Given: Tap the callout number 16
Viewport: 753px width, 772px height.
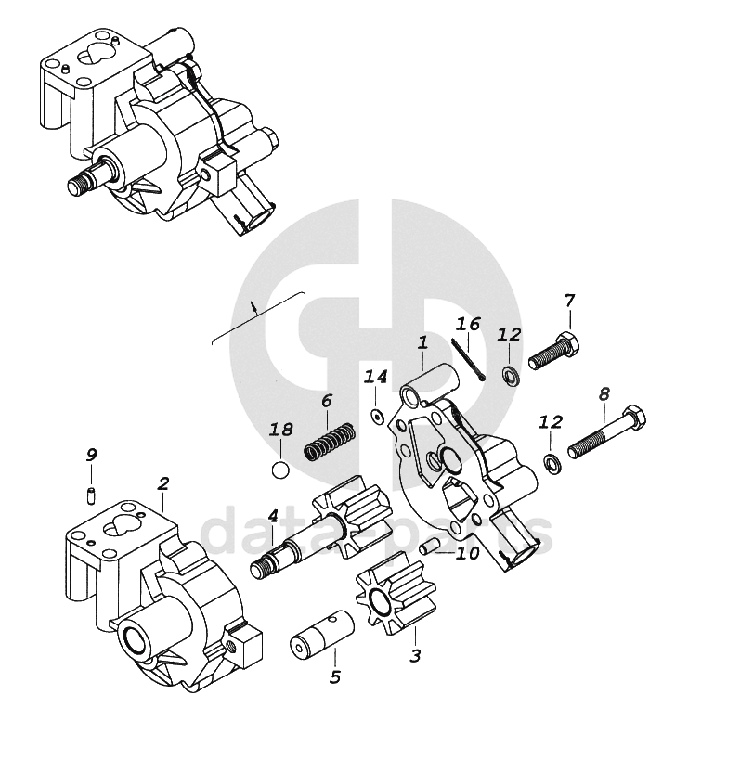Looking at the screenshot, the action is [468, 324].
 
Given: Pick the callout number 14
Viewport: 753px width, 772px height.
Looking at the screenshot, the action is [375, 377].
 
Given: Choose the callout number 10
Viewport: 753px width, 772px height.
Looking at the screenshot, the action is [467, 553].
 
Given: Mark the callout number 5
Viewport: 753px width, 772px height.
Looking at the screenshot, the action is [334, 677].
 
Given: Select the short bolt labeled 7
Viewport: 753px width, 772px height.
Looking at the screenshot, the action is [555, 352].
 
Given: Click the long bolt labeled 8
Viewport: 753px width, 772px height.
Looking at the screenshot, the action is [604, 433].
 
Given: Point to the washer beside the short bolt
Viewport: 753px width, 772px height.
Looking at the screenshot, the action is [509, 376].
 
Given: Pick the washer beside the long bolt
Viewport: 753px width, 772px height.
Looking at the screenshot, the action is [552, 463].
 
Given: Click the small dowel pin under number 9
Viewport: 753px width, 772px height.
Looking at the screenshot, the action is [91, 493].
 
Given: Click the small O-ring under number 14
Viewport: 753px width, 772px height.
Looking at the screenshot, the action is [376, 415].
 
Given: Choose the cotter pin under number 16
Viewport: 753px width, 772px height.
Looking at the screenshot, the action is [470, 360].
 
